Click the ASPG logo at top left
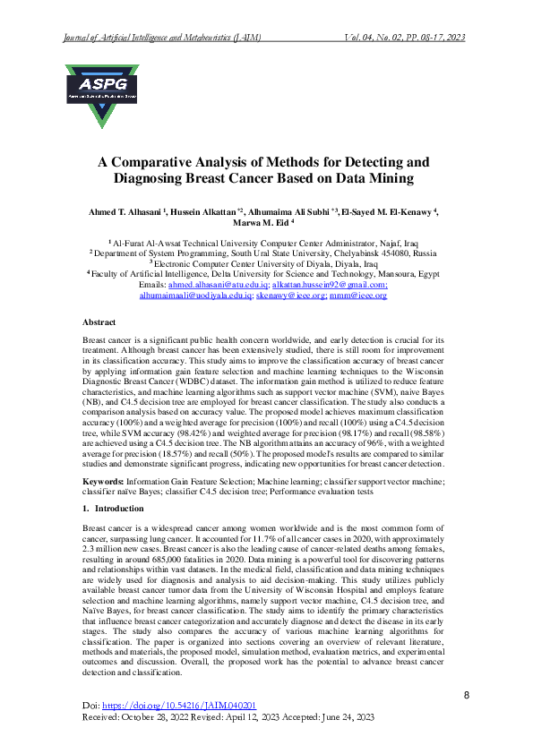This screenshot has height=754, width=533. tap(102, 93)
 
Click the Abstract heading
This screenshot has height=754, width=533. tap(99, 321)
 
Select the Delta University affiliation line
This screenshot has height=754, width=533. tap(265, 274)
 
